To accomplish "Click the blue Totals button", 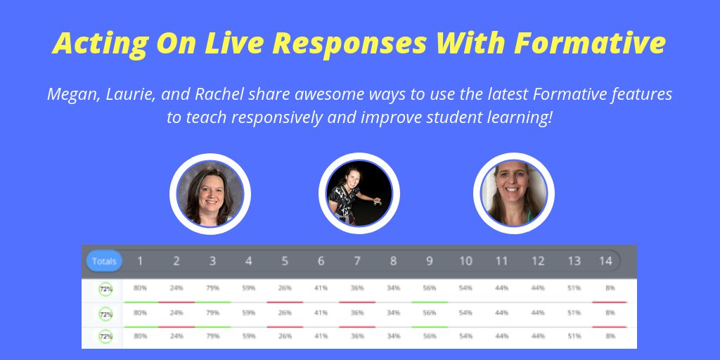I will pos(104,262).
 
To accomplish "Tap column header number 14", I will pos(605,262).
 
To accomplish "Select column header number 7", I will pos(357,262).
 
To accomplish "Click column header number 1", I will pos(140,262).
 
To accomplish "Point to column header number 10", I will pos(465,262).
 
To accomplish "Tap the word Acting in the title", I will pos(92,44).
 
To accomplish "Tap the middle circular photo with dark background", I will pos(359,193).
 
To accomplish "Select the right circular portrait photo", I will pos(513,193).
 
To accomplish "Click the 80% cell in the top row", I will pos(140,288).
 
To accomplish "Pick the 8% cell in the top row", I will pos(610,288).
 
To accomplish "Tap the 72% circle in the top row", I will pos(105,289).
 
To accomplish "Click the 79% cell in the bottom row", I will pos(212,336).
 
